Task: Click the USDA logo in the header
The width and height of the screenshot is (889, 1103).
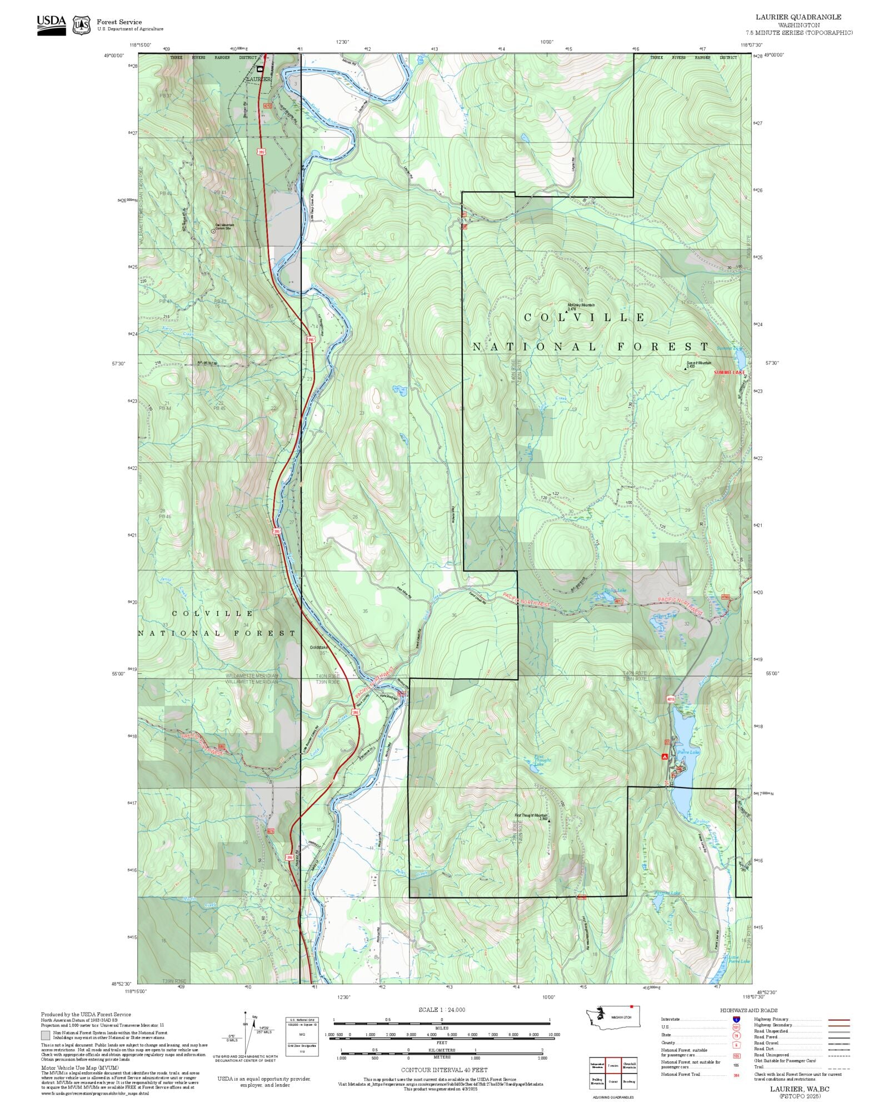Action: (x=51, y=25)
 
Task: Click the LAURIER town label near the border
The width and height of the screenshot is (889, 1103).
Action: (x=258, y=79)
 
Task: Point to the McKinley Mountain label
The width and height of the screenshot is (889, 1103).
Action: (x=581, y=305)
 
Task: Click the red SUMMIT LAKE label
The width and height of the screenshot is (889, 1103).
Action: (x=729, y=372)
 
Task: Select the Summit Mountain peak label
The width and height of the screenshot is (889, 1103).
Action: (x=698, y=363)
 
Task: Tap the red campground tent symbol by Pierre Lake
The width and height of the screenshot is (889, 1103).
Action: (x=664, y=756)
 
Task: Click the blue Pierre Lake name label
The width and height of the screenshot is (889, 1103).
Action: (x=688, y=752)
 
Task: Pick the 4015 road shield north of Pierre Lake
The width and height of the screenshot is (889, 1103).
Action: (x=671, y=700)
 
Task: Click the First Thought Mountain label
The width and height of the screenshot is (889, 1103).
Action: (x=531, y=816)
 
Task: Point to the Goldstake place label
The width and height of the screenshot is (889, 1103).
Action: (x=319, y=647)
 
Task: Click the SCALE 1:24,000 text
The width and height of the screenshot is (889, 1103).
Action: (x=442, y=1010)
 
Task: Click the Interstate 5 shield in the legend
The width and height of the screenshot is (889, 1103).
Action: (x=737, y=1019)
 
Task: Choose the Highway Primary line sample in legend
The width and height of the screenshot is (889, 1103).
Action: (x=839, y=1020)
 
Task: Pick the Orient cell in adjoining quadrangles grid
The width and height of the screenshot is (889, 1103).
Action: (x=613, y=1081)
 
